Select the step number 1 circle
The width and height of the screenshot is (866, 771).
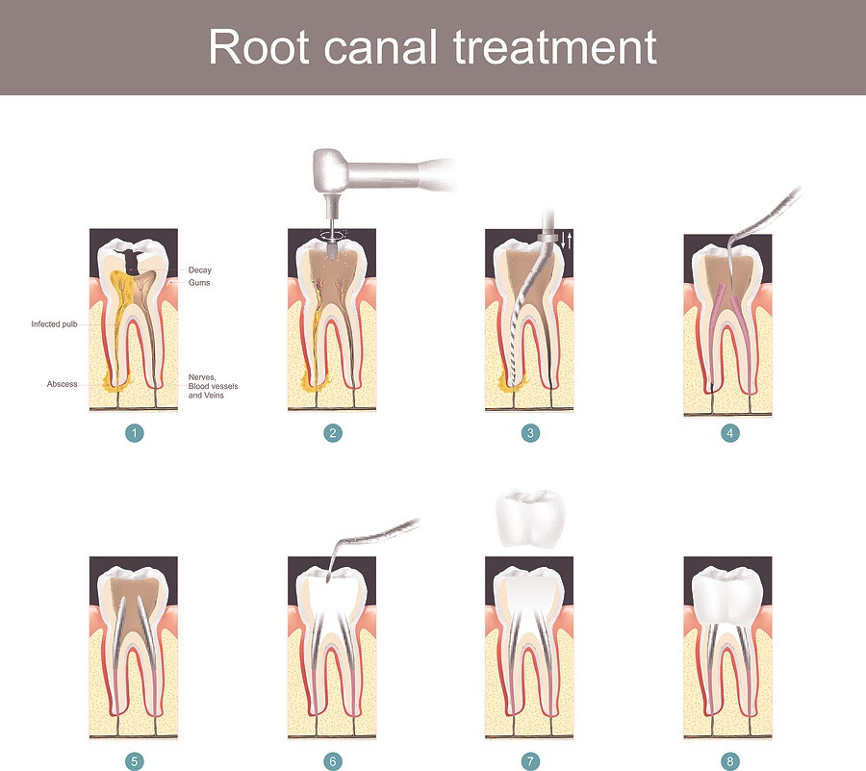click(x=135, y=433)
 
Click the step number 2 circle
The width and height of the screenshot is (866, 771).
click(x=333, y=433)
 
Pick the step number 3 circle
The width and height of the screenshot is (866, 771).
click(x=530, y=433)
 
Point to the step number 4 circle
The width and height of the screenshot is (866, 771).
click(x=729, y=433)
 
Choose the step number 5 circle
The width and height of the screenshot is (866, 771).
click(x=135, y=761)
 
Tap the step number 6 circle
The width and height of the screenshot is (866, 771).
click(x=333, y=761)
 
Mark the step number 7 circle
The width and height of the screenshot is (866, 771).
click(x=530, y=761)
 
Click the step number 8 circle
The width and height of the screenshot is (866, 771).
click(x=729, y=761)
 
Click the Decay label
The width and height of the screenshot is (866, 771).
click(x=199, y=270)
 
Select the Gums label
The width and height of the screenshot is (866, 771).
click(x=199, y=283)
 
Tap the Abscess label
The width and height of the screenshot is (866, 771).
click(x=62, y=384)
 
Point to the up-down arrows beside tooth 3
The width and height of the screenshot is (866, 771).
click(x=567, y=240)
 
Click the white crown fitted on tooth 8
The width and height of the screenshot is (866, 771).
click(x=729, y=591)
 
